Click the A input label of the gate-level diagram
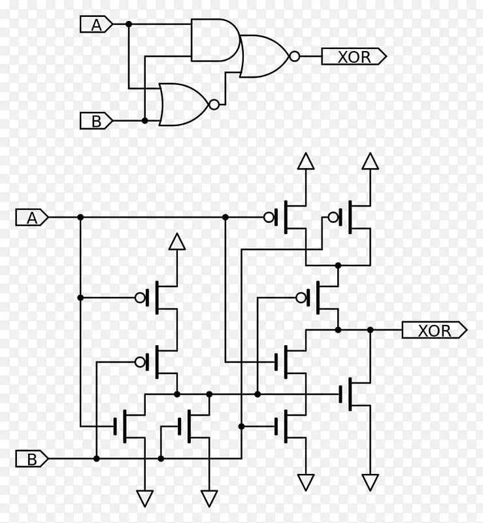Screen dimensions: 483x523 click(x=96, y=24)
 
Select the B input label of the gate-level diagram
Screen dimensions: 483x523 click(x=96, y=121)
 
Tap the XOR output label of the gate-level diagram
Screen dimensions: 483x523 click(x=354, y=56)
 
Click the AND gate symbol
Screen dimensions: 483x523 click(x=216, y=40)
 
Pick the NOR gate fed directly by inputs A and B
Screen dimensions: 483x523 click(x=184, y=105)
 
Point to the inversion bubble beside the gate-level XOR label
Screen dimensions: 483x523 click(x=295, y=56)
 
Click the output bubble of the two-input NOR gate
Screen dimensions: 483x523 click(x=214, y=105)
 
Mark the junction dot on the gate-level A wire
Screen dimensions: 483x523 click(x=129, y=24)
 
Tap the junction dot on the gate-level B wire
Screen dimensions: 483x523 click(x=144, y=121)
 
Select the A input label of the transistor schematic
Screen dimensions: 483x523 click(x=32, y=218)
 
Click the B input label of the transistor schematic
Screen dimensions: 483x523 click(x=32, y=459)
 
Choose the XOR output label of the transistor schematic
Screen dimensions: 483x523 click(x=434, y=330)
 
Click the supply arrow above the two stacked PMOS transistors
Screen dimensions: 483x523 click(x=177, y=241)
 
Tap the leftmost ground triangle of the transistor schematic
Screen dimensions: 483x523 click(x=144, y=499)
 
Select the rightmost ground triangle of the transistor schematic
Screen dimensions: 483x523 click(x=370, y=482)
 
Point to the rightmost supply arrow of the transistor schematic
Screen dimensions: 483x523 click(x=370, y=161)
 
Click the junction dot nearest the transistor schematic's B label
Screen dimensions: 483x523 click(x=96, y=459)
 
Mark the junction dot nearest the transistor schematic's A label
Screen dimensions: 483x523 click(x=80, y=218)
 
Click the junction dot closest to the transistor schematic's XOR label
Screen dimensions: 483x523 click(x=370, y=330)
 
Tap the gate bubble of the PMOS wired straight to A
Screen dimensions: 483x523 click(x=269, y=218)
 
